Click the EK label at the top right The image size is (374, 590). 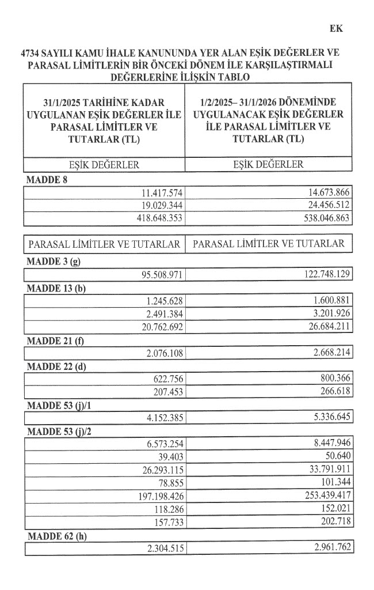pos(336,27)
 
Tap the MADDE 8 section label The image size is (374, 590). pos(47,181)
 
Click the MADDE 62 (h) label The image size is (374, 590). pos(56,535)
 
